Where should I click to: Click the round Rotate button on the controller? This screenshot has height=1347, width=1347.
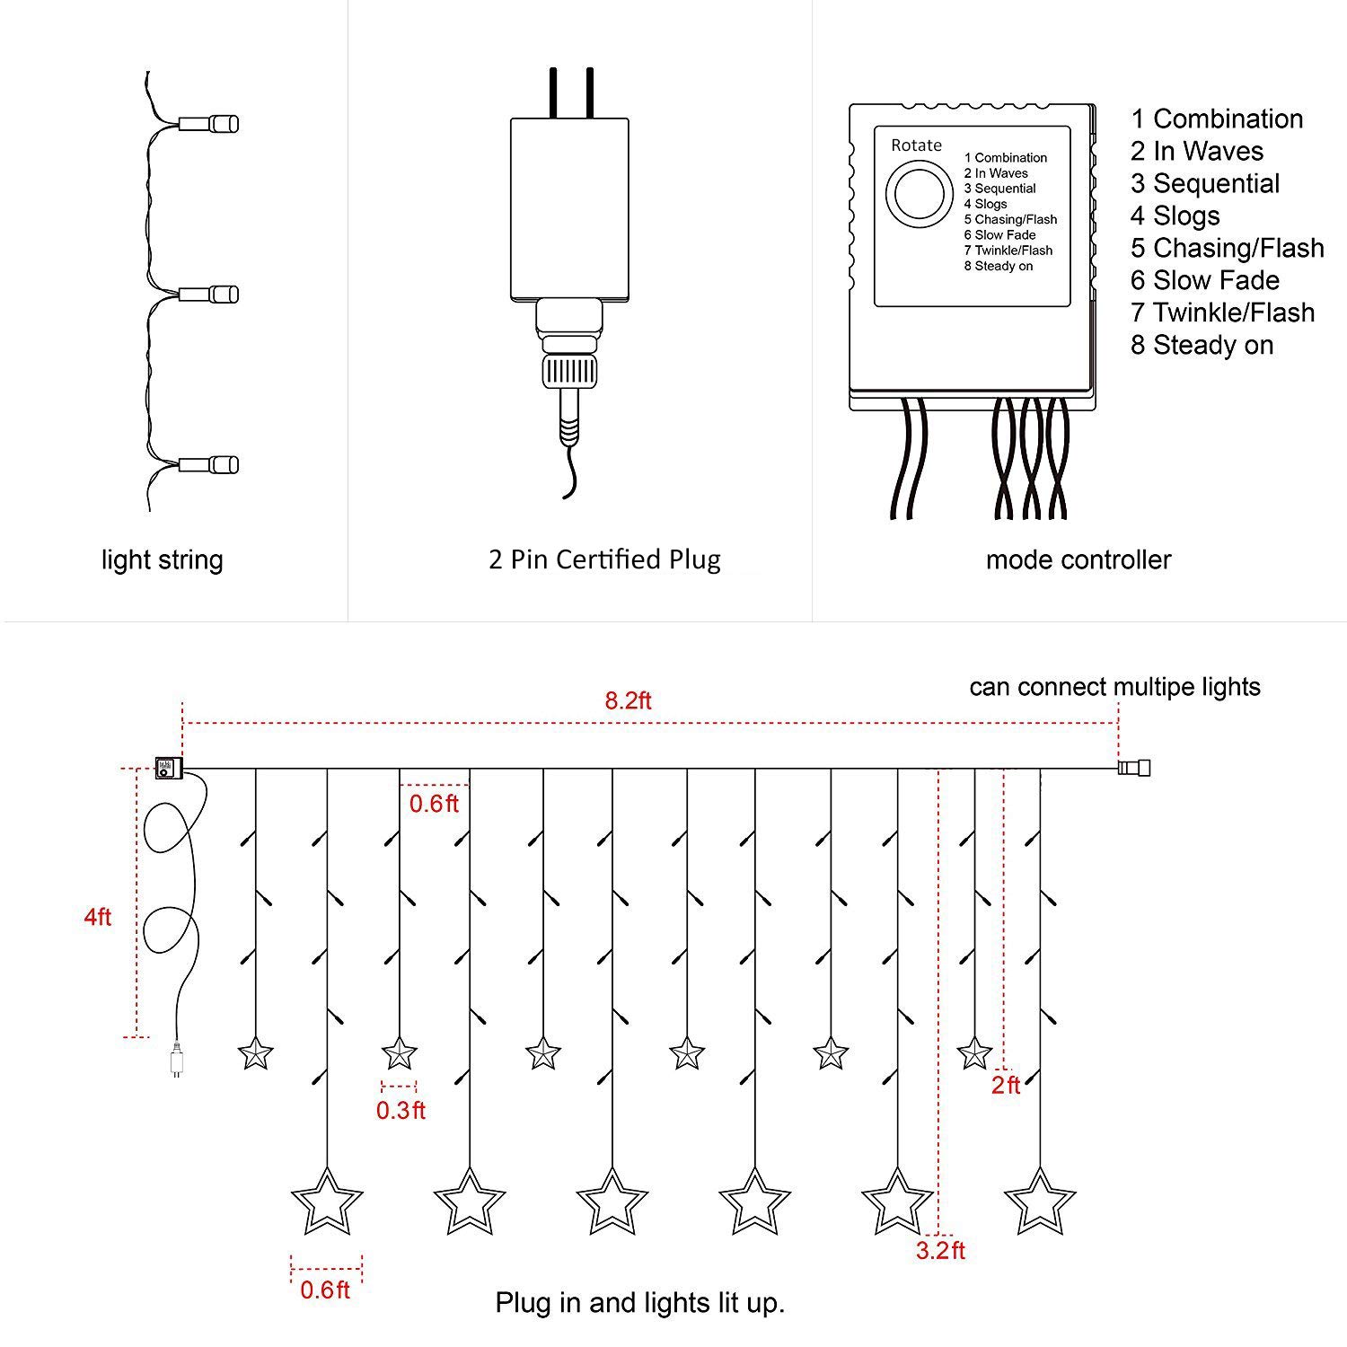tap(920, 193)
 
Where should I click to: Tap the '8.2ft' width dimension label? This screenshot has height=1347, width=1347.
tap(628, 700)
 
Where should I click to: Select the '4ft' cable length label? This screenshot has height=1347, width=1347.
tap(97, 917)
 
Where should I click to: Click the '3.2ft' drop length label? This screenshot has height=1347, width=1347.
tap(940, 1250)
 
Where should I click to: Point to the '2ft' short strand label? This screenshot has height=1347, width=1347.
tap(1006, 1085)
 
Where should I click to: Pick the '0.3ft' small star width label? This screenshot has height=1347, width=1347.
tap(401, 1110)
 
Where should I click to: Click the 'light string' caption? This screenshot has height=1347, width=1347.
tap(162, 560)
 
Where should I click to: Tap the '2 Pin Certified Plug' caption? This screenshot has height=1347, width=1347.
tap(604, 559)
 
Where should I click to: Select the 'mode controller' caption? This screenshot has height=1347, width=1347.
tap(1078, 560)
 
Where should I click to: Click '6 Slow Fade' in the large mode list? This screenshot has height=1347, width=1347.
tap(1204, 280)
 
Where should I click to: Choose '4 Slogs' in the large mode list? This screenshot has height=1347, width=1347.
tap(1175, 216)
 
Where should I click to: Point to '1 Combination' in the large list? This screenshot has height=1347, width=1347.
tap(1217, 119)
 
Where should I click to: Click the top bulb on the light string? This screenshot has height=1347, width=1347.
tap(209, 122)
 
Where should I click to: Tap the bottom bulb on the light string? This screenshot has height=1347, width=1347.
tap(209, 464)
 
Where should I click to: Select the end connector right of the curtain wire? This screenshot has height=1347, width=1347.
tap(1134, 768)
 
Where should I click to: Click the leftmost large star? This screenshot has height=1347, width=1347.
tap(327, 1202)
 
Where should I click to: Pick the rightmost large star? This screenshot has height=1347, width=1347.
tap(1040, 1202)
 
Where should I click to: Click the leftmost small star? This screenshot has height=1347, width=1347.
tap(256, 1052)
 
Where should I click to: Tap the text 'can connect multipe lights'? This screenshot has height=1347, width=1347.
tap(1114, 687)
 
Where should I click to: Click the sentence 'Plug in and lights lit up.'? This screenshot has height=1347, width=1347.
tap(640, 1302)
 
